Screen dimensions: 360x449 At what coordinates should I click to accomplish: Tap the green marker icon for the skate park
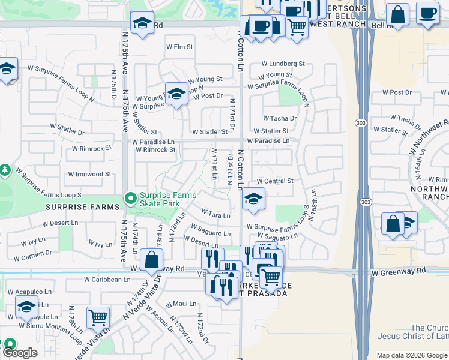pos(130,197)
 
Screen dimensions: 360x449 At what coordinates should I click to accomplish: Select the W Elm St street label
pos(179,46)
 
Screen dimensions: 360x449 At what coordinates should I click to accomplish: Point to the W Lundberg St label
pos(283,63)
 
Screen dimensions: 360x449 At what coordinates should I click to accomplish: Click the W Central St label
pos(274,181)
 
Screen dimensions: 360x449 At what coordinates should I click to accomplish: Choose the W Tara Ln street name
pos(215,214)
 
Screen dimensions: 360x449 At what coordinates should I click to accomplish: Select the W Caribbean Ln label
pos(107,280)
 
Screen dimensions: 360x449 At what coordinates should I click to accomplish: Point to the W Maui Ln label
pos(184,304)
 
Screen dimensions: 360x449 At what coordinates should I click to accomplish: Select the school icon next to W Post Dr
pos(176,94)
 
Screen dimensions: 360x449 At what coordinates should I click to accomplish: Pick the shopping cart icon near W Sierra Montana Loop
pos(98,317)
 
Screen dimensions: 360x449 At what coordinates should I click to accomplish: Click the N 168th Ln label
pos(313,205)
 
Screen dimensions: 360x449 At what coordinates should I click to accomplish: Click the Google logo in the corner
pos(19,353)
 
